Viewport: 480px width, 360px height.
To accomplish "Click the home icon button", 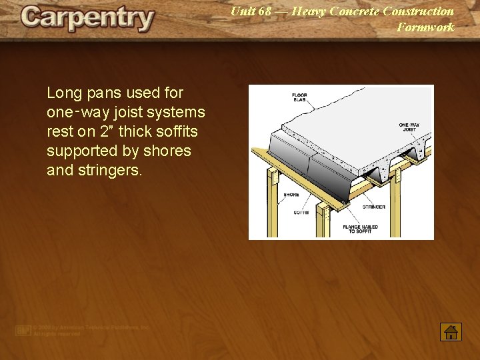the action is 451,332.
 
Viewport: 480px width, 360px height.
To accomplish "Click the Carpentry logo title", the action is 87,18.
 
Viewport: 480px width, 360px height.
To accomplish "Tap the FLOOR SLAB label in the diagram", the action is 299,97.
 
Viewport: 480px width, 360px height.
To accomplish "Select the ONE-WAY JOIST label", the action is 409,127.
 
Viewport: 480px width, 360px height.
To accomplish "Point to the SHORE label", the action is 291,195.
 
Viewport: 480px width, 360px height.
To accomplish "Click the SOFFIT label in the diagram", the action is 301,213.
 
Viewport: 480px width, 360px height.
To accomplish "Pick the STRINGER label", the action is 373,207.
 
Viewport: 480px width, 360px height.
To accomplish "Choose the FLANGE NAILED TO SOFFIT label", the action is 361,229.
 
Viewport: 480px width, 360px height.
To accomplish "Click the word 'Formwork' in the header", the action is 425,27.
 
